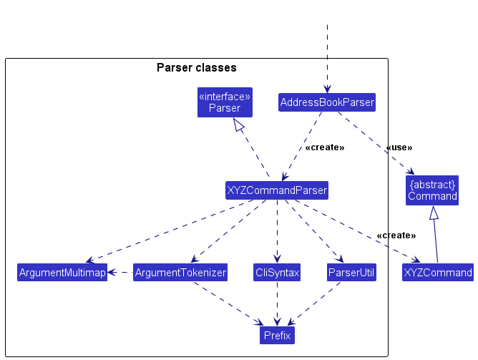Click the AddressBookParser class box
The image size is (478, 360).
click(x=327, y=102)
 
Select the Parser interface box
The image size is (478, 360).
click(x=224, y=102)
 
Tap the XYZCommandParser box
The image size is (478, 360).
click(x=276, y=190)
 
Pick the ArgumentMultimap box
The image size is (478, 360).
click(x=62, y=273)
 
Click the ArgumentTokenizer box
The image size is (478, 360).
click(x=180, y=273)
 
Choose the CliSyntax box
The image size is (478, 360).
click(x=277, y=273)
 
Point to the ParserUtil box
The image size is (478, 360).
click(x=351, y=273)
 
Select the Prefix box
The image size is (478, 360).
click(x=277, y=334)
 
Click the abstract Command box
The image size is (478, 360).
click(x=432, y=190)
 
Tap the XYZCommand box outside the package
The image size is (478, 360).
click(x=437, y=273)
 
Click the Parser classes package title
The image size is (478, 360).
click(x=196, y=68)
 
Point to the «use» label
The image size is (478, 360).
click(x=399, y=147)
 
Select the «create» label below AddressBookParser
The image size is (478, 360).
click(x=324, y=147)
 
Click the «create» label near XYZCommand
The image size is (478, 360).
click(x=396, y=235)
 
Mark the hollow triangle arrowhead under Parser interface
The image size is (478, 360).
click(x=240, y=125)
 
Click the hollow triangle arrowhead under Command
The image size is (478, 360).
click(x=433, y=213)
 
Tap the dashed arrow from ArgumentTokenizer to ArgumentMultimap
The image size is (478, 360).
click(x=120, y=273)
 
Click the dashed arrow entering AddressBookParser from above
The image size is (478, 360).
click(x=327, y=57)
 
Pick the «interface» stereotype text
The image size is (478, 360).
click(x=224, y=96)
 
